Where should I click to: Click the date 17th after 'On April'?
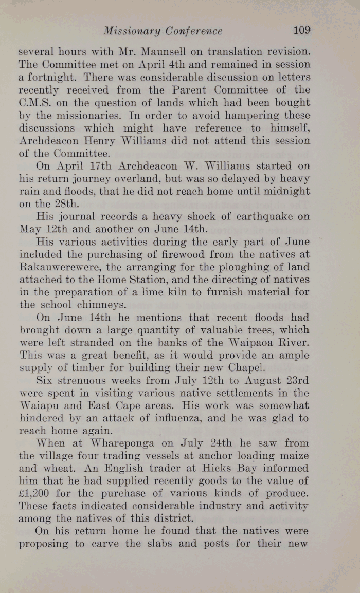click(x=101, y=165)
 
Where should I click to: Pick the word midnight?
click(x=287, y=190)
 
